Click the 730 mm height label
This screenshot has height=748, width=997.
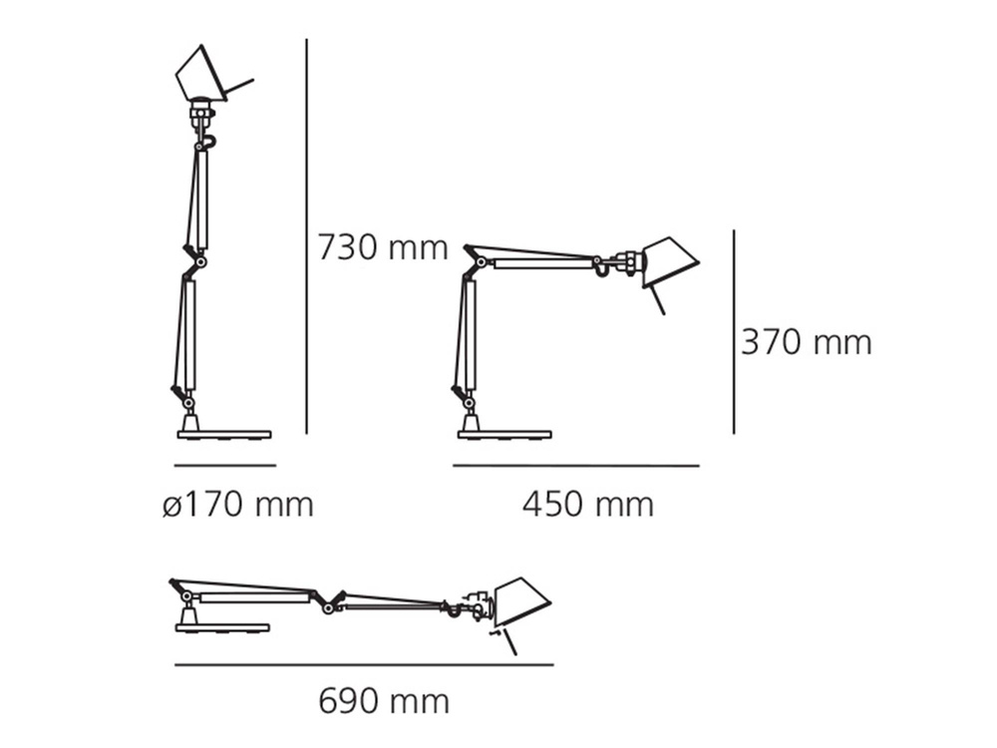383,246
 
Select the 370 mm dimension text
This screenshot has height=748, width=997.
806,342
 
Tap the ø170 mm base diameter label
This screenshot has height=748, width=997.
238,505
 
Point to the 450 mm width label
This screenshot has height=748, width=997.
588,505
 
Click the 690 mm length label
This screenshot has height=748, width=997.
384,701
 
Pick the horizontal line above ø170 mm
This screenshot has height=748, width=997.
224,466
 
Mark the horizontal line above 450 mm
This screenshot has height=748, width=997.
576,466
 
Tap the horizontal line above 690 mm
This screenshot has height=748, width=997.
364,665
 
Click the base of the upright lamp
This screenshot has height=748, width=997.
223,434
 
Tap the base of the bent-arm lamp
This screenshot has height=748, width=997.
504,434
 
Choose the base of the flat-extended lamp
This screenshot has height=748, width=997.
222,627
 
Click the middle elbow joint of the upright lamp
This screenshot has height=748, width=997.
200,261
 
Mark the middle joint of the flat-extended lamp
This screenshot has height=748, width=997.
327,603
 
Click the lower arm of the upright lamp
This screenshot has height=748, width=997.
186,334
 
